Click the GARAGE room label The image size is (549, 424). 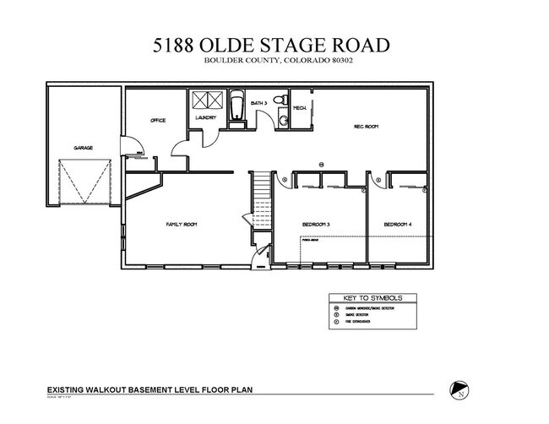tap(83, 148)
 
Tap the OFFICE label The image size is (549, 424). tap(158, 121)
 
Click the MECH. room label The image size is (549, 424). tap(300, 107)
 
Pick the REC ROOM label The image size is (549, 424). tap(365, 126)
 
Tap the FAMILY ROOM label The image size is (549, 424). tap(181, 224)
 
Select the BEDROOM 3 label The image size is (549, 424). tap(316, 224)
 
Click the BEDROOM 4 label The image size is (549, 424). tap(397, 224)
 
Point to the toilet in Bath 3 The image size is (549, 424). tap(282, 121)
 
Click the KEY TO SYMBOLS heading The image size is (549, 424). tap(372, 298)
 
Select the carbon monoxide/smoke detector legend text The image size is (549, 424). tap(370, 309)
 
